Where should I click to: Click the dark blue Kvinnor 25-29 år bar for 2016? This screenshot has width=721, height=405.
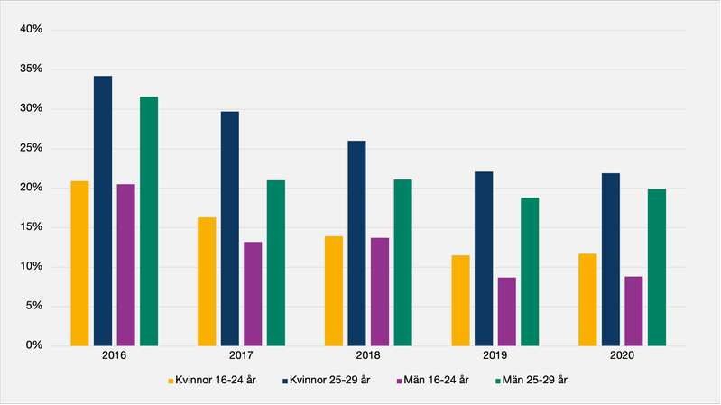[x=103, y=210]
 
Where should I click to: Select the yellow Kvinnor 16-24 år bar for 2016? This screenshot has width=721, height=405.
[x=79, y=263]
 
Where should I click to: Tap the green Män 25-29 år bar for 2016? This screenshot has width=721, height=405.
[x=149, y=221]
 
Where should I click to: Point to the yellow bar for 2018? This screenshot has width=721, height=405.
[x=334, y=290]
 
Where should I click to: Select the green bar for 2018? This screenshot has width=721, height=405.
[x=402, y=262]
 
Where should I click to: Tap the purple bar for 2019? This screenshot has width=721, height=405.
[x=507, y=311]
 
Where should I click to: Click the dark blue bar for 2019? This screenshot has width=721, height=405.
[x=484, y=258]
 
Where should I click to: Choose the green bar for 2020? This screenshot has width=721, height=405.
[x=657, y=267]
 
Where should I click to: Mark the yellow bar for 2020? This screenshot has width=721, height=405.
[x=587, y=299]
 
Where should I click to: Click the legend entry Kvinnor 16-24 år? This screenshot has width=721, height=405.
[x=211, y=381]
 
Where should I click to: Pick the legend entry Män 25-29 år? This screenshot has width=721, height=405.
[x=532, y=381]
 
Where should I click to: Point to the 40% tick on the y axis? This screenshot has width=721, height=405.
[x=31, y=30]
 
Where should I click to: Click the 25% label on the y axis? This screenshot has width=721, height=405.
[x=31, y=148]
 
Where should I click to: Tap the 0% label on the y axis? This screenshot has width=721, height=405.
[x=34, y=345]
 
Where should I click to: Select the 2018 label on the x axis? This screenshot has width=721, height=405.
[x=368, y=357]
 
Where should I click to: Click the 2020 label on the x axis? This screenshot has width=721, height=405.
[x=622, y=357]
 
